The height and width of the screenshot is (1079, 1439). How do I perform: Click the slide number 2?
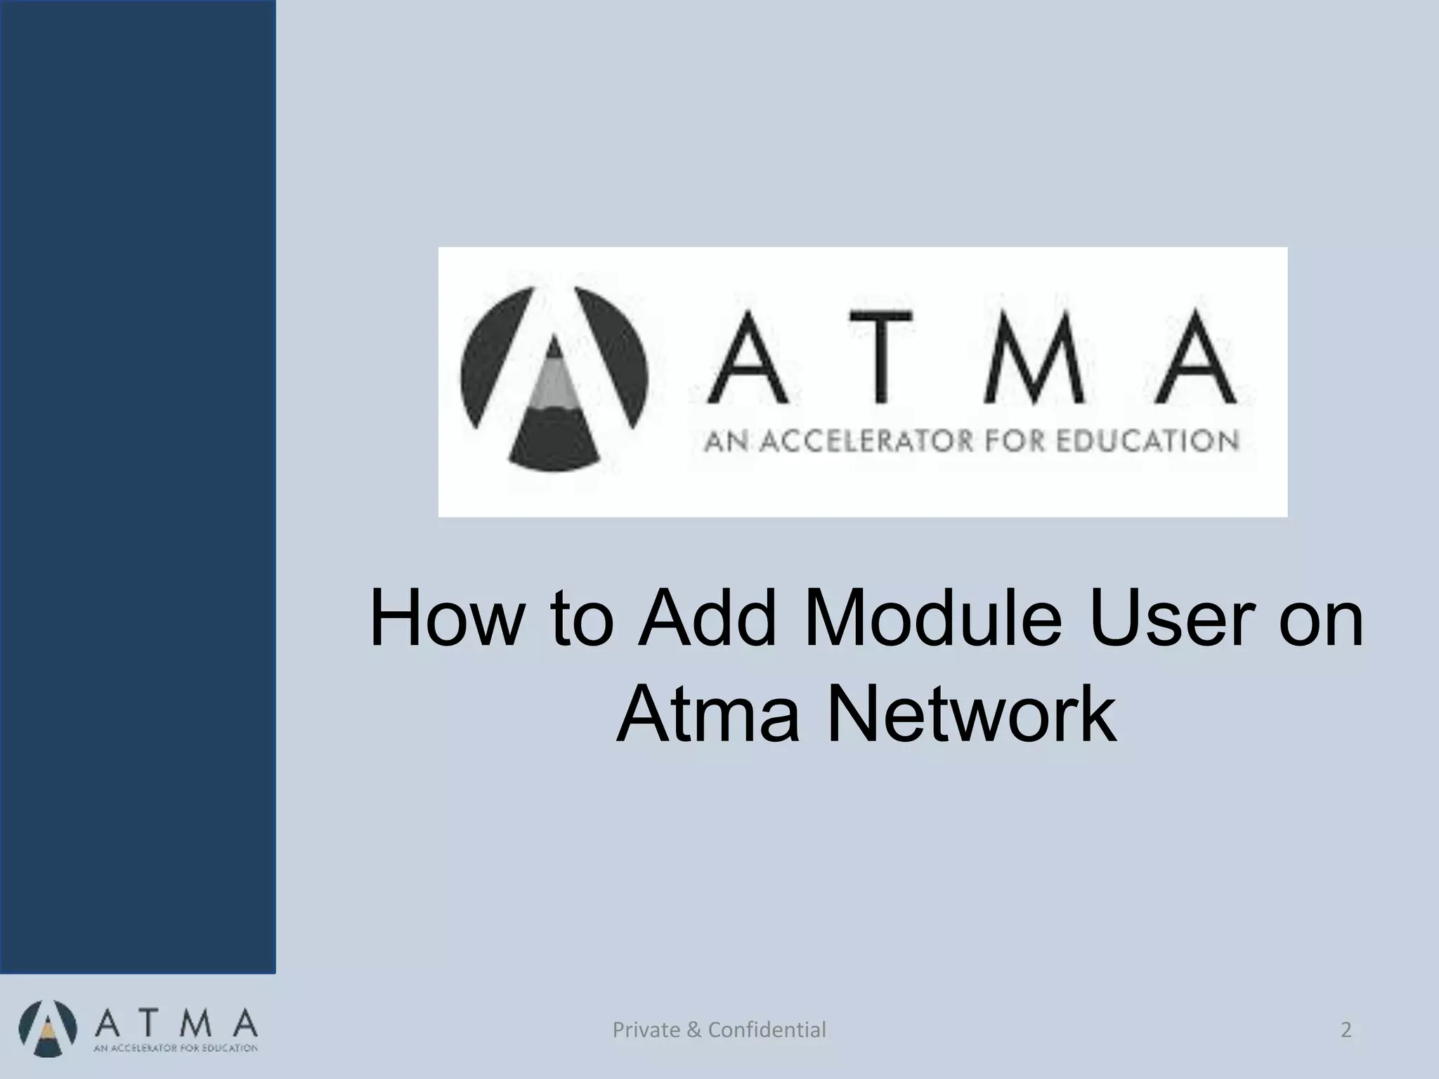tap(1346, 1031)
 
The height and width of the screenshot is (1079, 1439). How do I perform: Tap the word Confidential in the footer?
tap(767, 1031)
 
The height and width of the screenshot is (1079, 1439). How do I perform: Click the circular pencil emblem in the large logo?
tap(554, 379)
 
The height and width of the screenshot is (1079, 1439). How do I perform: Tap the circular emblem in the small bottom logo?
tap(47, 1031)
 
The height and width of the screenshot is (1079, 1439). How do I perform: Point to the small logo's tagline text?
tap(176, 1049)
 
